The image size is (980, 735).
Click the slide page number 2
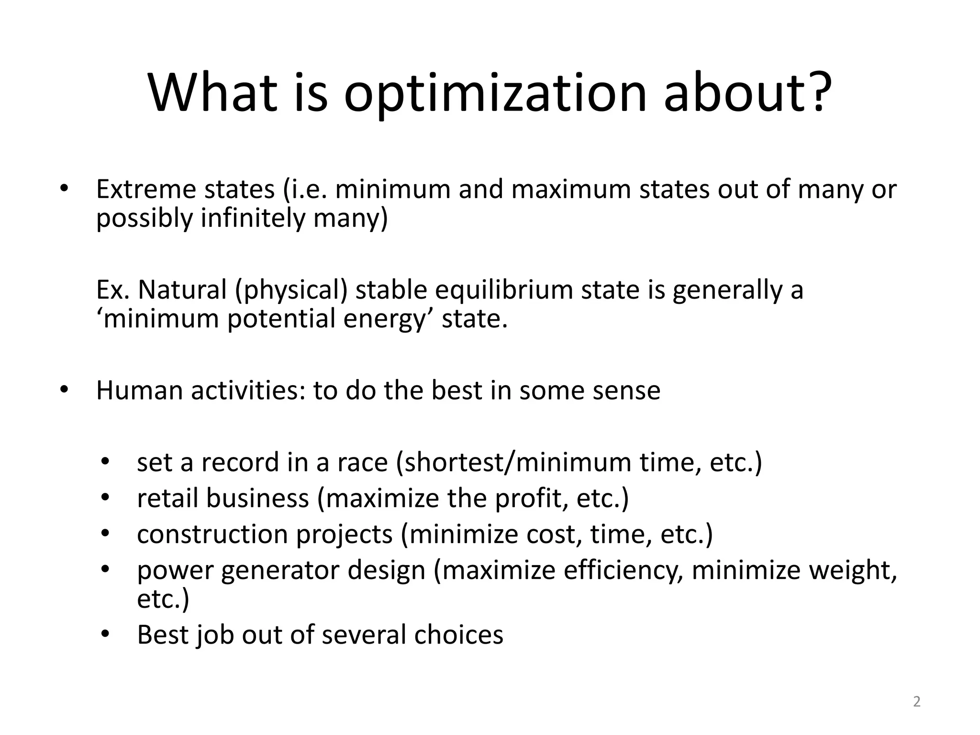(916, 702)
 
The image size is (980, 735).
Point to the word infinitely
(252, 218)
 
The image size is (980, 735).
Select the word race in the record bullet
(362, 463)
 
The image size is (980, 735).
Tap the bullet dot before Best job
(106, 635)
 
